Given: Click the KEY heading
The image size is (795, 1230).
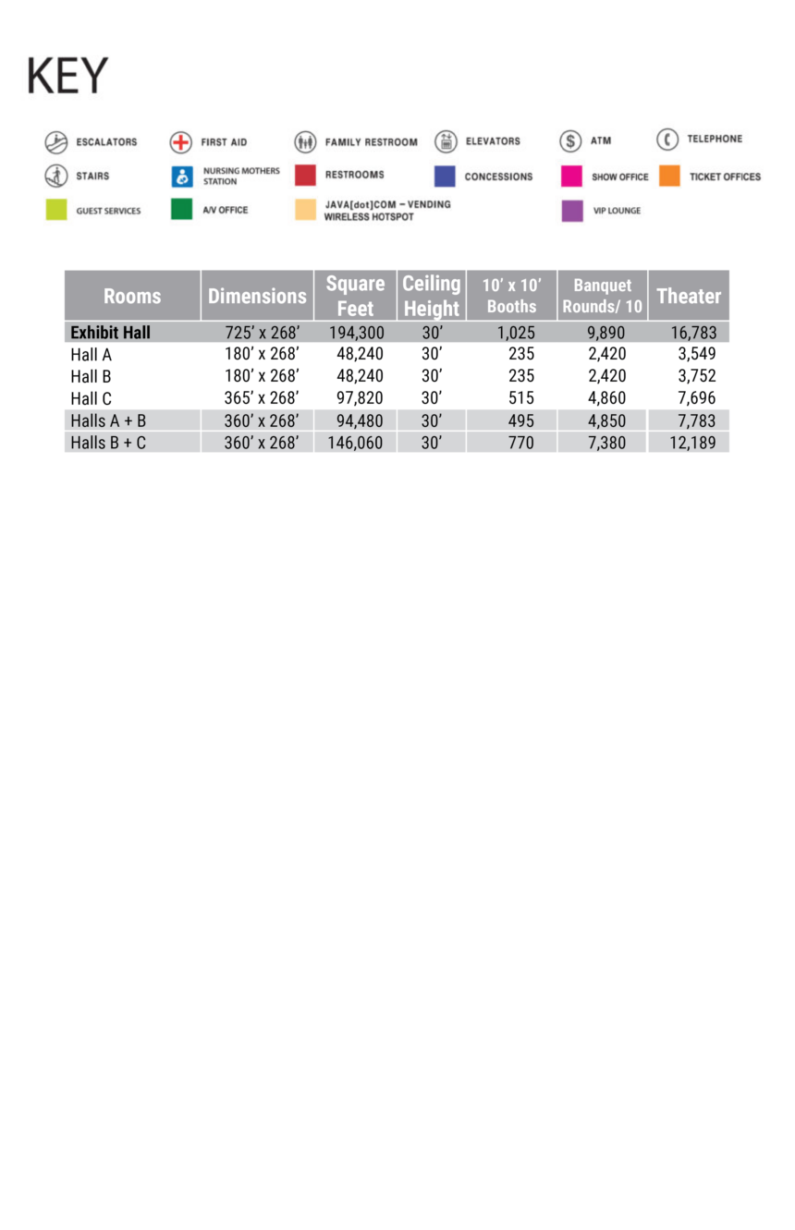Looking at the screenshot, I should (x=67, y=76).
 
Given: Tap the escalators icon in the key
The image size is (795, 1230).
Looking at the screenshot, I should (x=56, y=142).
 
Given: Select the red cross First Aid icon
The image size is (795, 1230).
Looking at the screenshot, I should (x=181, y=142).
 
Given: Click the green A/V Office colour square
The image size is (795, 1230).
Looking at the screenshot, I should (x=181, y=210).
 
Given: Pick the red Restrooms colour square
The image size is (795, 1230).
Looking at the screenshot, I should (x=305, y=176).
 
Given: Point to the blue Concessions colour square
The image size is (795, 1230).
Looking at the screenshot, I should (x=445, y=177).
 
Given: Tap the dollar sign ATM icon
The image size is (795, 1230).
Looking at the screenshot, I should (x=570, y=141).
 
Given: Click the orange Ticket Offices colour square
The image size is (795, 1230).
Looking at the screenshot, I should (x=670, y=176).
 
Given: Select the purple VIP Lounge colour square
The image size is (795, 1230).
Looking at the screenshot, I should (x=572, y=211).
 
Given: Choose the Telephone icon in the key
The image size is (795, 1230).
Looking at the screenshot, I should (x=667, y=140).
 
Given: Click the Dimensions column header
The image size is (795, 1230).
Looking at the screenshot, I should (x=257, y=296).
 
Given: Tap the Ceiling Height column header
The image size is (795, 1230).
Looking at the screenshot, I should (x=431, y=296).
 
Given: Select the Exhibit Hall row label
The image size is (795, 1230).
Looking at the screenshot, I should (x=110, y=333).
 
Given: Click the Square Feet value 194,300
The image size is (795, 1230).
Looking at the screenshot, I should (x=356, y=333).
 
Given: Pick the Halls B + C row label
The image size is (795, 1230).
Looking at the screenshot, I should (x=108, y=444).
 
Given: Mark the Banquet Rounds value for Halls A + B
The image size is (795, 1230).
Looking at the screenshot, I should (x=606, y=421).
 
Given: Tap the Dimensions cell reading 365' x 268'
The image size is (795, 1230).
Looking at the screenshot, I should (x=262, y=399).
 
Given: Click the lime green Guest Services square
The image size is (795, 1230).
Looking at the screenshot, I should (x=56, y=211).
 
